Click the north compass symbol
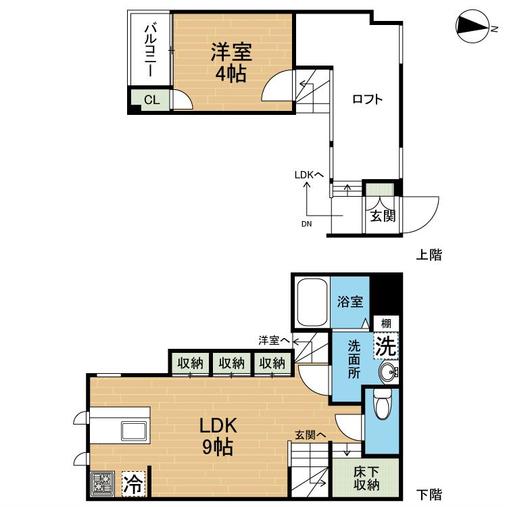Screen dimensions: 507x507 472,26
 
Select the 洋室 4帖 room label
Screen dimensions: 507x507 231,62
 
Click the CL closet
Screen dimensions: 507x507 151,100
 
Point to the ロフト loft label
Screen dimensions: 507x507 367,99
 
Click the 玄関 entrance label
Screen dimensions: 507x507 383,216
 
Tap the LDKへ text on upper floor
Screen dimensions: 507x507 309,175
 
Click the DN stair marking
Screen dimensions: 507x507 306,224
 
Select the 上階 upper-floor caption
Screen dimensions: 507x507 429,255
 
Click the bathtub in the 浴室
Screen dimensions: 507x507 312,302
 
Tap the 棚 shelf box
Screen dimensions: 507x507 386,323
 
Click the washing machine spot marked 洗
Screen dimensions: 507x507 386,346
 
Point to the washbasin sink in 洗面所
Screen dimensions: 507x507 389,372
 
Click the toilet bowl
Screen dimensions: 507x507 382,404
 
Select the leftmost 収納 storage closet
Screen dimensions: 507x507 190,364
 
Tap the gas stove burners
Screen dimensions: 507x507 102,483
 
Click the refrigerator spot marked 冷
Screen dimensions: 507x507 134,483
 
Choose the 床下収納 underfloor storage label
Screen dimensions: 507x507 366,478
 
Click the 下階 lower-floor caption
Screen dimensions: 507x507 429,494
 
